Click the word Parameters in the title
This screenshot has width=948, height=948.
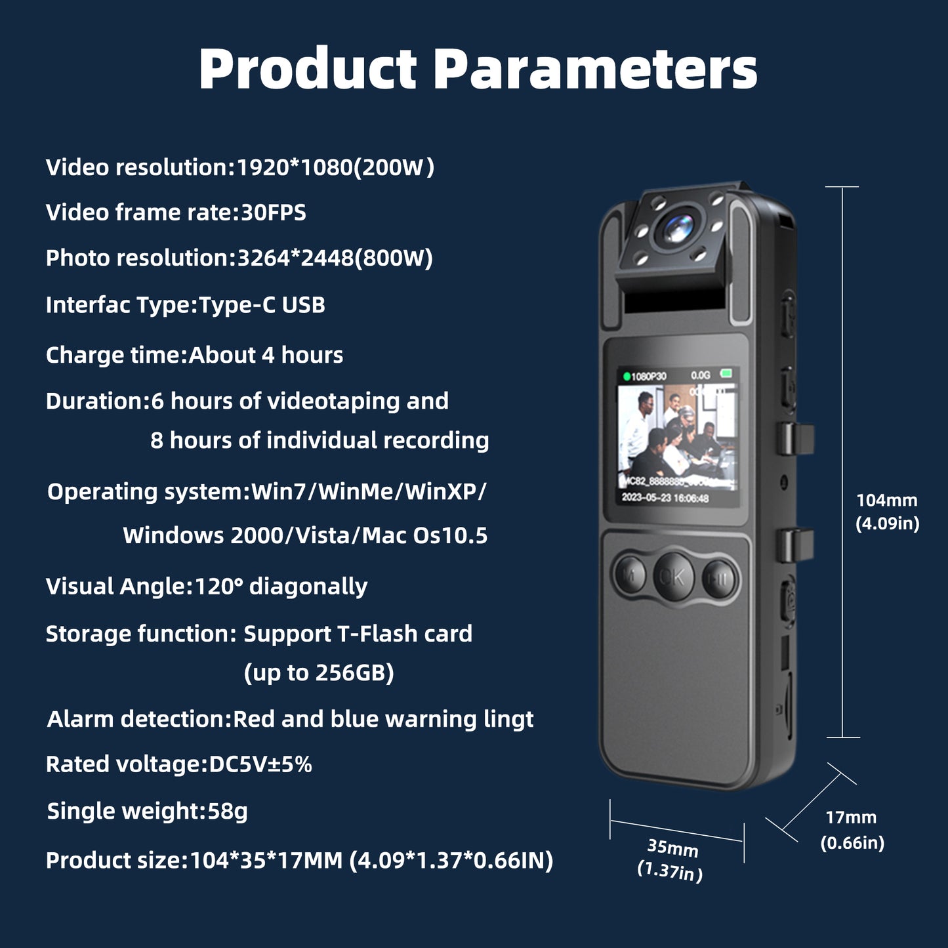point(595,70)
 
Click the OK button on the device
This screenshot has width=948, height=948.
point(673,575)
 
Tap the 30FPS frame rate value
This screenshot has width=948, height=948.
point(273,213)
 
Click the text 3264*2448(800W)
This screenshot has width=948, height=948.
point(335,258)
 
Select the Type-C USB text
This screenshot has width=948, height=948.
point(262,305)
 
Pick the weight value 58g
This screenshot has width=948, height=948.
point(228,812)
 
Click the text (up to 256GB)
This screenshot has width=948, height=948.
point(319,672)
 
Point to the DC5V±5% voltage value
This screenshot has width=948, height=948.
point(260,764)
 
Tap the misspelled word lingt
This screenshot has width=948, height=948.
point(508,720)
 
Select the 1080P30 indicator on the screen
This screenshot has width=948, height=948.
point(648,377)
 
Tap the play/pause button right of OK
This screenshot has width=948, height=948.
point(719,577)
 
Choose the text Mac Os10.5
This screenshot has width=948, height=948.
point(424,536)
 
